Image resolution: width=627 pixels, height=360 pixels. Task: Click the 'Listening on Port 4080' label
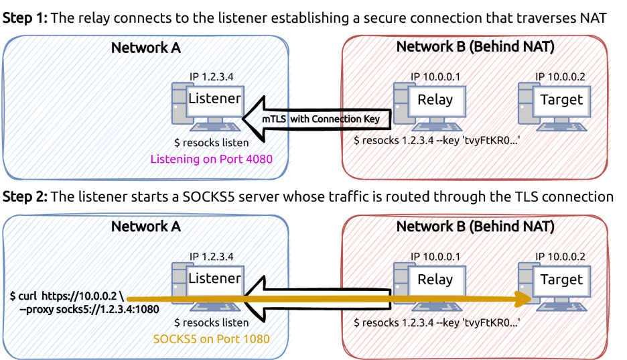tap(211, 160)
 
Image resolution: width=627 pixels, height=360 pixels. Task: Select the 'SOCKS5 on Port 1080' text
tap(211, 339)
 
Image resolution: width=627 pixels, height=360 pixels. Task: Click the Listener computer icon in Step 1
tap(204, 103)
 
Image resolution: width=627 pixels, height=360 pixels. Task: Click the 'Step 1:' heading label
tap(25, 18)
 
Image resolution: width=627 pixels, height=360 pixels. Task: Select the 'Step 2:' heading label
tap(25, 197)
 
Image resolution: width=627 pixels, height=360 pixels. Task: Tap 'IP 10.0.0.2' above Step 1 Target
tap(560, 77)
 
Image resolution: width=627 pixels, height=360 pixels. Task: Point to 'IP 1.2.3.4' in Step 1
tap(212, 77)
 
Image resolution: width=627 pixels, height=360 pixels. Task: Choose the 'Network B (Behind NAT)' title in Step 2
tap(475, 227)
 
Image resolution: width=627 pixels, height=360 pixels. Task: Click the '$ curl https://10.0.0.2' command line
tap(67, 296)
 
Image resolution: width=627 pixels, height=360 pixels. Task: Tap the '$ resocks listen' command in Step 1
tap(211, 143)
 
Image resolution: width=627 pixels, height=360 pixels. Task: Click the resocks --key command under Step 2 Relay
tap(437, 322)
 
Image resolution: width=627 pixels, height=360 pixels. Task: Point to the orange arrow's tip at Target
tap(529, 297)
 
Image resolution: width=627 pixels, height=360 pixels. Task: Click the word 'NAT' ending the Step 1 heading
tap(591, 18)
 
